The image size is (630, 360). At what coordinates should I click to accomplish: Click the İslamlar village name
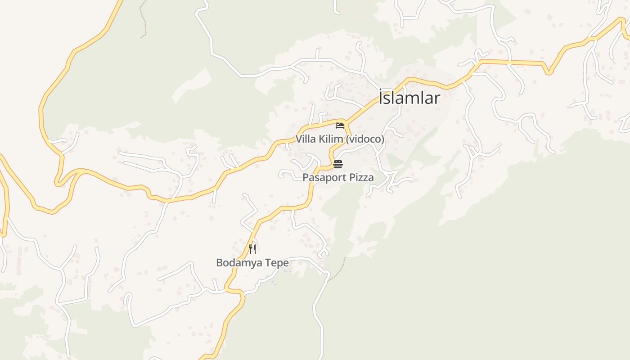(409, 98)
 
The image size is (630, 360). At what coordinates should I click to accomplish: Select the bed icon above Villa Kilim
(340, 126)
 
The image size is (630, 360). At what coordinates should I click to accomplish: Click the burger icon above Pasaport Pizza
(338, 164)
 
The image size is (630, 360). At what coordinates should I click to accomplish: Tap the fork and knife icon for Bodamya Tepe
(252, 249)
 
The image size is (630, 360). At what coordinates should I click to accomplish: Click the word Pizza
(361, 178)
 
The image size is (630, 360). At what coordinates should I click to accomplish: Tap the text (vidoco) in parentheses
(365, 139)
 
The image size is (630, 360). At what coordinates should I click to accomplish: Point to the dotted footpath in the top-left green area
(144, 20)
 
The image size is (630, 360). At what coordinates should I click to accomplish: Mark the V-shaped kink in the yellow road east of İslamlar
(548, 72)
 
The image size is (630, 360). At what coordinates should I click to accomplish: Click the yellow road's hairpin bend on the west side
(58, 182)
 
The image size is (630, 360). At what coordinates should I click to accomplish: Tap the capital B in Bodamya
(220, 263)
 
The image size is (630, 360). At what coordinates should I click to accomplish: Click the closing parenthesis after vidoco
(383, 139)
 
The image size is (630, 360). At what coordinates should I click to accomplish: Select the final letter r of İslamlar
(437, 98)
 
